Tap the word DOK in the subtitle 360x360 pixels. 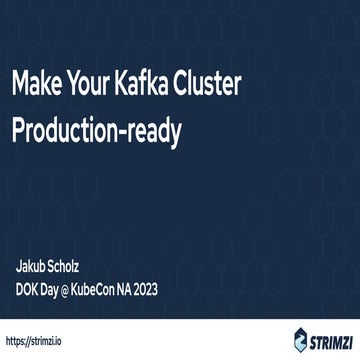(28, 290)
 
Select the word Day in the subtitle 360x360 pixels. (56, 290)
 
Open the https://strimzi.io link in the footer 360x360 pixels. (38, 340)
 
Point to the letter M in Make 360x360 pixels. (22, 86)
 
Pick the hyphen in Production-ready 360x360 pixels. (132, 133)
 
